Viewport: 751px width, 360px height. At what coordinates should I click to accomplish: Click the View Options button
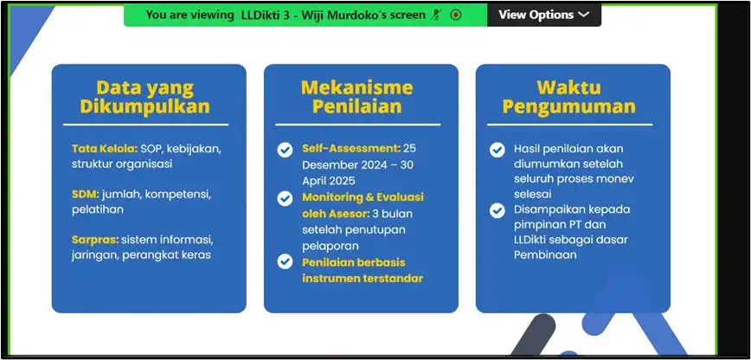click(x=543, y=15)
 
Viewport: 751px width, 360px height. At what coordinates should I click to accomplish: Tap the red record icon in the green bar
click(x=456, y=15)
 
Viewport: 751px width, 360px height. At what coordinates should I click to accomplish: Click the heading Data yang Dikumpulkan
click(x=145, y=97)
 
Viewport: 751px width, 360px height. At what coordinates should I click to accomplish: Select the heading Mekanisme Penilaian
click(x=356, y=97)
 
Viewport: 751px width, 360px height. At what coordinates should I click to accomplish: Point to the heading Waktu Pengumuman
click(x=569, y=97)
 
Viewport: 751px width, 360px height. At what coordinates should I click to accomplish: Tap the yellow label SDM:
click(x=86, y=194)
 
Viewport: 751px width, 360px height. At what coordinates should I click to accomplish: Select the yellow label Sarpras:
click(x=95, y=239)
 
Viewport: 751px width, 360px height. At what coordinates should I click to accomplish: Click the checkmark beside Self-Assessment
click(x=285, y=150)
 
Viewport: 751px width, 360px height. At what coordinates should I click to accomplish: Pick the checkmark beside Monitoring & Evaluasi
click(x=285, y=198)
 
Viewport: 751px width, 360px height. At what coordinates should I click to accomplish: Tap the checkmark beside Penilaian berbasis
click(x=285, y=261)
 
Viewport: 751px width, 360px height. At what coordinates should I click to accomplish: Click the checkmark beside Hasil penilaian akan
click(x=497, y=150)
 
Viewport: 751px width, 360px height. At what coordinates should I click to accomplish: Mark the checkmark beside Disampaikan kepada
click(x=497, y=210)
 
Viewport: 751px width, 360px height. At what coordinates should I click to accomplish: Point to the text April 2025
click(x=329, y=181)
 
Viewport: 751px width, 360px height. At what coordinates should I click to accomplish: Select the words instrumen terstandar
click(x=363, y=278)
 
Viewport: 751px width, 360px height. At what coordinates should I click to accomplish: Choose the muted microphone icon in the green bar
click(x=435, y=15)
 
